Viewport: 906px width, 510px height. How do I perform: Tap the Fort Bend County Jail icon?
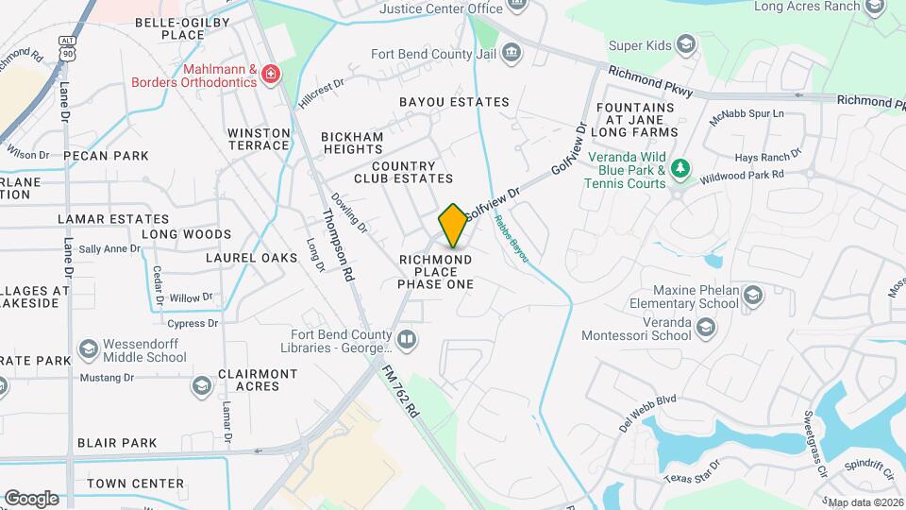point(512,51)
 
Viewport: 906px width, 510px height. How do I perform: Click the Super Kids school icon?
point(686,44)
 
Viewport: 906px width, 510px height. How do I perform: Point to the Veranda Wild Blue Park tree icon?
point(680,170)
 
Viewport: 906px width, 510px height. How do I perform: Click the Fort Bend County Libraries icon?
point(407,338)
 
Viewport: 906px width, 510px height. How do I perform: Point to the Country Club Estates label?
point(404,172)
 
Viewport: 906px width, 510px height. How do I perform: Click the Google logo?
point(31,499)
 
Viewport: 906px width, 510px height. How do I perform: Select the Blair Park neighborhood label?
point(117,442)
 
